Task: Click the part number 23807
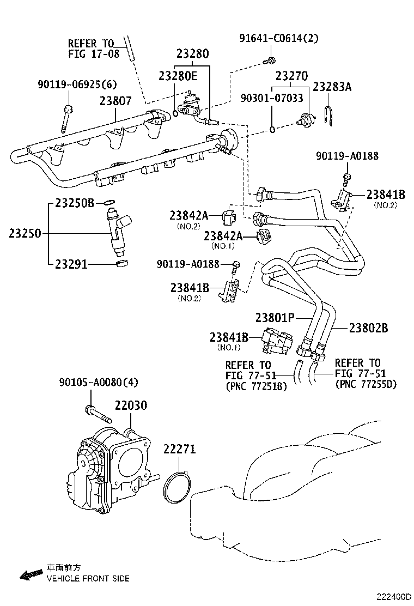115,101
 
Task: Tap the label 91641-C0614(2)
279,38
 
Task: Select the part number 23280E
178,76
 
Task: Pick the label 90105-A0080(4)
99,382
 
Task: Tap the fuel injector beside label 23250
120,231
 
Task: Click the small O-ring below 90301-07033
272,129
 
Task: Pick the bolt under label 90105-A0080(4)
98,414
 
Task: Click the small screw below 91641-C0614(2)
270,59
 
